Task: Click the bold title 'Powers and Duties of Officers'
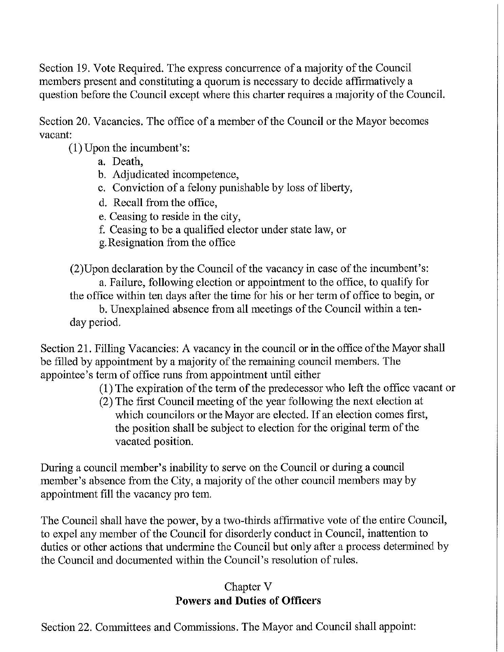pos(248,601)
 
